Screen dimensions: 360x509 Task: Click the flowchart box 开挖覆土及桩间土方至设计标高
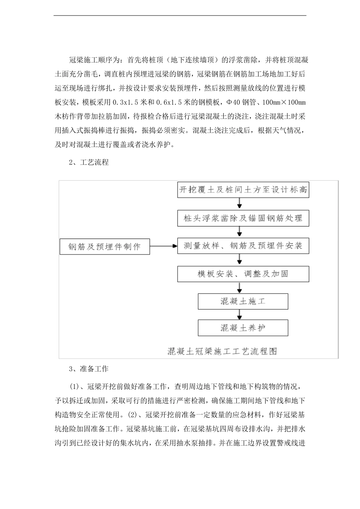pos(243,190)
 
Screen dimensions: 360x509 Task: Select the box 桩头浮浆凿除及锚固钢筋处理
pos(243,219)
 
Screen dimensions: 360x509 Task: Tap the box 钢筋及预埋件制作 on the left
pos(105,247)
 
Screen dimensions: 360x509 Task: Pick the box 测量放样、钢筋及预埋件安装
pos(243,246)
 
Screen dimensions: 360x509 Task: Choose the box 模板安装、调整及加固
pos(243,274)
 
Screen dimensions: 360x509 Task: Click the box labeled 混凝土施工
pos(243,301)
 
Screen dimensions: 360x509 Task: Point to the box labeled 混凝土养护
pos(243,328)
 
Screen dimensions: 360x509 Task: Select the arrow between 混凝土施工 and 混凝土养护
pos(239,315)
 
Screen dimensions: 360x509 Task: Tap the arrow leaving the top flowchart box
pos(239,204)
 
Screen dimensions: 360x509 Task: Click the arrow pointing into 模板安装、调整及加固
pos(239,260)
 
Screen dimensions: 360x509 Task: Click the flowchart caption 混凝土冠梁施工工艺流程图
pos(222,351)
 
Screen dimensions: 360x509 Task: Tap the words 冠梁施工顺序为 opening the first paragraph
pos(91,60)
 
